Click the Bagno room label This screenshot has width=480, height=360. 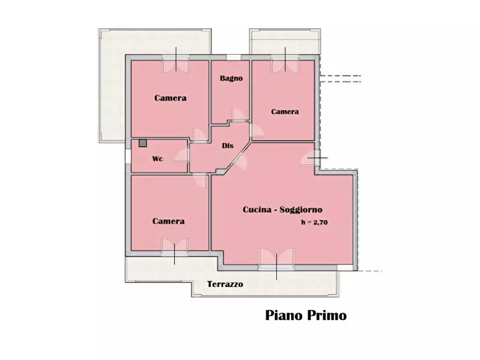click(231, 78)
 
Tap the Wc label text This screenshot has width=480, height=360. click(157, 159)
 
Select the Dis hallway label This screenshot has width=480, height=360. click(227, 146)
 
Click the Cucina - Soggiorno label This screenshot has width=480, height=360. click(282, 210)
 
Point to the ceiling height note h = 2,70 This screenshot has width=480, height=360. click(314, 222)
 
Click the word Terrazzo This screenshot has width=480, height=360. click(225, 284)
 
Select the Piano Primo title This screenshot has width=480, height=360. click(306, 315)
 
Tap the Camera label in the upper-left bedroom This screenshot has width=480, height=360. click(170, 98)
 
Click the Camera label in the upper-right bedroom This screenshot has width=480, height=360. click(284, 112)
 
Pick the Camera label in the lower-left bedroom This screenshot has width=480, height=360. click(168, 221)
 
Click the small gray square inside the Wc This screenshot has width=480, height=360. click(142, 143)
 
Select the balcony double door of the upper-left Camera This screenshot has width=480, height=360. click(176, 64)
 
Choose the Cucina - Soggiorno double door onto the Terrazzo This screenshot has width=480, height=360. click(276, 259)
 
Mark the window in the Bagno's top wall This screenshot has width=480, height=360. click(233, 57)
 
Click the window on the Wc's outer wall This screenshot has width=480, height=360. click(128, 156)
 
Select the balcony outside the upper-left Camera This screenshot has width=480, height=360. click(111, 86)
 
